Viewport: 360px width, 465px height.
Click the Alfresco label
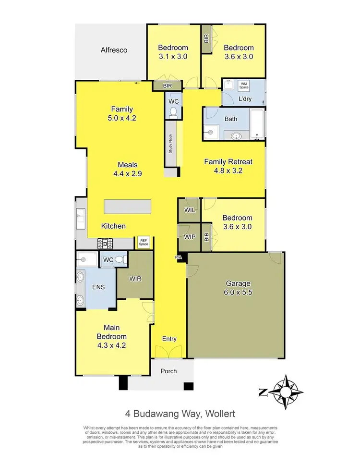(114, 50)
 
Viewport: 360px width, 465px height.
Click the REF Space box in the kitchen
(143, 243)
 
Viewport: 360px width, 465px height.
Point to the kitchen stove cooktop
(105, 244)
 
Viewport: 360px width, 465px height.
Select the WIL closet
(188, 210)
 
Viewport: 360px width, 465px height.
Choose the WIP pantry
(189, 236)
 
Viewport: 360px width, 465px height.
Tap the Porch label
(169, 371)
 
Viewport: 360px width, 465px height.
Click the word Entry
(169, 339)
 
